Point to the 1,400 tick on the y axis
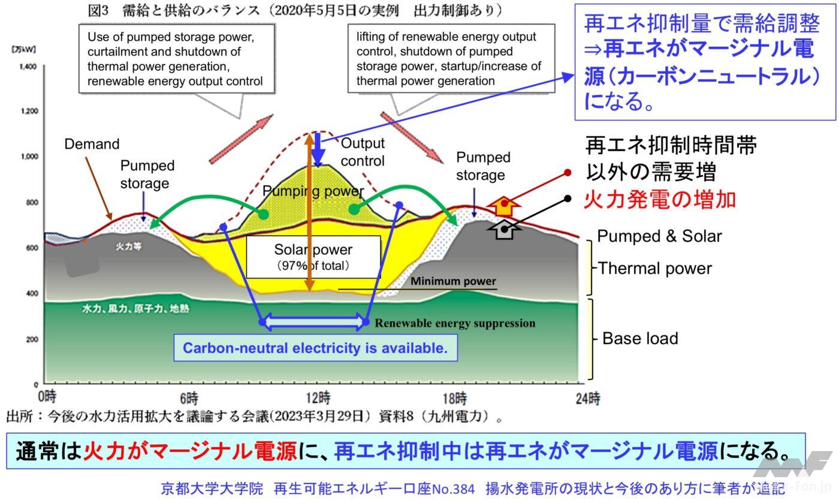(x=28, y=67)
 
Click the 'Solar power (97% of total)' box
(x=313, y=257)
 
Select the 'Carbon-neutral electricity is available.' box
(x=315, y=348)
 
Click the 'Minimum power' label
(x=453, y=281)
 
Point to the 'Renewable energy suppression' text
(x=455, y=323)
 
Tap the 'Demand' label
(x=92, y=144)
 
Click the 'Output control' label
(x=363, y=152)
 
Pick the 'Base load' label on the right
(x=640, y=338)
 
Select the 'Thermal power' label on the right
(x=655, y=268)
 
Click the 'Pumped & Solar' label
(x=659, y=236)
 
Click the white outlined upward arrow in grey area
(x=505, y=229)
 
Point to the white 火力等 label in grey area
(x=124, y=247)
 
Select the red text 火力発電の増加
(x=659, y=199)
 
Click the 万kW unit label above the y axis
(x=23, y=49)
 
